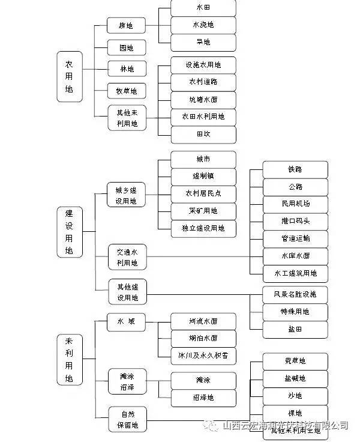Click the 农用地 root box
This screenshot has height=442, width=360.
70,76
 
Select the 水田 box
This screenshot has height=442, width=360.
203,8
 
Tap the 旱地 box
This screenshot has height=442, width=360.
203,42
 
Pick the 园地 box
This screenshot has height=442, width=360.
127,48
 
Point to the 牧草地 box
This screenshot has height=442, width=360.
127,91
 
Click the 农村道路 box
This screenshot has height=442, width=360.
203,82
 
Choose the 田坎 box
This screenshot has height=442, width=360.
203,134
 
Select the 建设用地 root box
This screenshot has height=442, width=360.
70,232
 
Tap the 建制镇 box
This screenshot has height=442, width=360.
203,177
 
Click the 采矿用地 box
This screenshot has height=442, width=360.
203,211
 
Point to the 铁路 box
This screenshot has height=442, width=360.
295,169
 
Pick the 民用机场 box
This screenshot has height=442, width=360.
295,204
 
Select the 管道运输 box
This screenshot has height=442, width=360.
295,238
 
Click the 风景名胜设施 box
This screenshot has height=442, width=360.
295,295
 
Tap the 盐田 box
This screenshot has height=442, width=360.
295,330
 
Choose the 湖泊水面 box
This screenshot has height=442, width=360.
203,338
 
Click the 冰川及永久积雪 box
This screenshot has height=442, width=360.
203,356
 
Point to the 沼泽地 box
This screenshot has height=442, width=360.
203,398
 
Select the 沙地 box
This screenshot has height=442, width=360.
295,396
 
